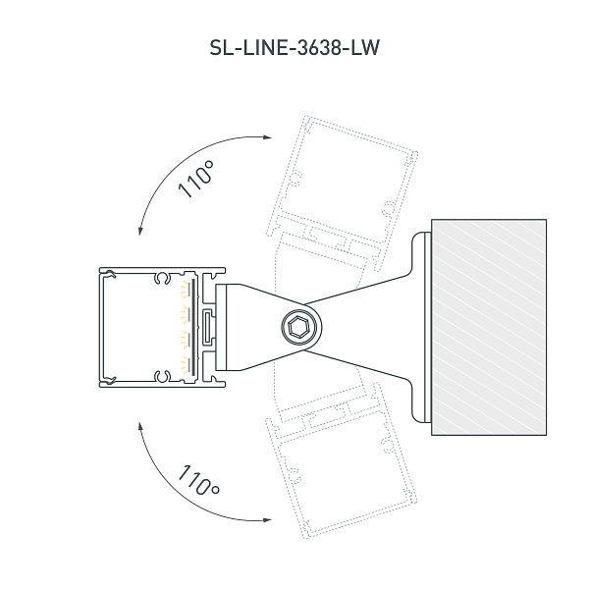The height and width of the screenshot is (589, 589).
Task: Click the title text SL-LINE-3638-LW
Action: [294, 48]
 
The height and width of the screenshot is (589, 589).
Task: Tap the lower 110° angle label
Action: [199, 482]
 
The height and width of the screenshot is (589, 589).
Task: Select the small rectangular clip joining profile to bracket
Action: [208, 326]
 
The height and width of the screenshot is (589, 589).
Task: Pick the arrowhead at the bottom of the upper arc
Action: [140, 232]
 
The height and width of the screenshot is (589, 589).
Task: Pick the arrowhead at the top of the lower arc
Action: [140, 424]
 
